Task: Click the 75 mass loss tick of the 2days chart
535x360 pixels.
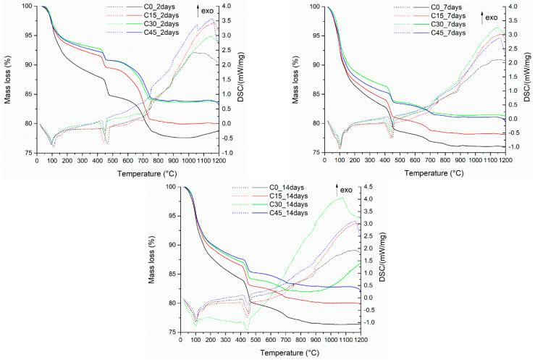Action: click(29, 153)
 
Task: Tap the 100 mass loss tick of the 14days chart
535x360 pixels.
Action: click(174, 187)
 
